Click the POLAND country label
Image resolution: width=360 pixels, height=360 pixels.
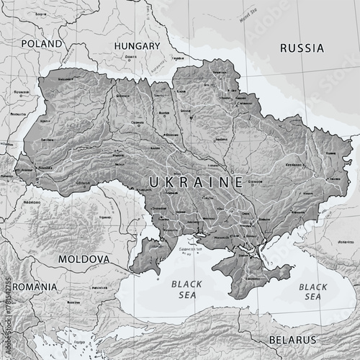point(41,44)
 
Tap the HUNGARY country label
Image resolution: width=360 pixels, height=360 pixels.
point(137,46)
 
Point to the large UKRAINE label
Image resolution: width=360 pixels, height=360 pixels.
point(196,181)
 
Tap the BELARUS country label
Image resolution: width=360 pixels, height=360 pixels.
point(292,339)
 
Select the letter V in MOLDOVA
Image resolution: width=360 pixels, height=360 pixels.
point(100,258)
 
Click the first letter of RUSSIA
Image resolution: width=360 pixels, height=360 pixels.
point(284,48)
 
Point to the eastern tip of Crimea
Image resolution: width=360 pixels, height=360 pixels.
point(289,271)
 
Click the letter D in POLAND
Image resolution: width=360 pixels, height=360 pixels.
point(59,44)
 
